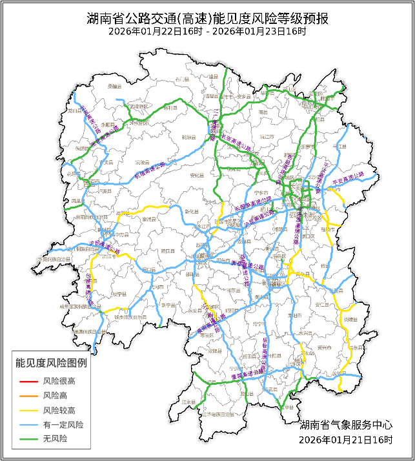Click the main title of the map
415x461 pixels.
[x=207, y=18]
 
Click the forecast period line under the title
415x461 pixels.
[x=207, y=31]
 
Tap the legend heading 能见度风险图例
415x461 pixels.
[x=52, y=363]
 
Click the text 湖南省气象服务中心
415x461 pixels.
[x=346, y=425]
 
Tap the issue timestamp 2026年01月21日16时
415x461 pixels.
[x=346, y=439]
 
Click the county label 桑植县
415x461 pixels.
[x=115, y=86]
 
